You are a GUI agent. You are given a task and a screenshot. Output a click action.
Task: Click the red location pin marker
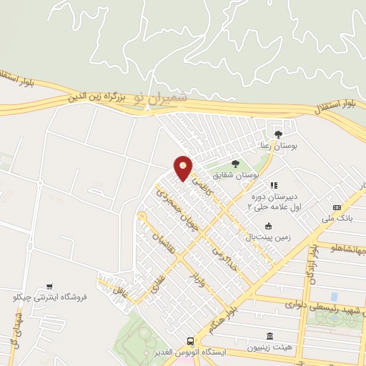click(x=184, y=168)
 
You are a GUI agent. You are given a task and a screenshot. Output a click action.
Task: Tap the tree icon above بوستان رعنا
click(x=278, y=133)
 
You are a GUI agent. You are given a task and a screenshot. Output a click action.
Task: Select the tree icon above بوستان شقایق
click(x=235, y=165)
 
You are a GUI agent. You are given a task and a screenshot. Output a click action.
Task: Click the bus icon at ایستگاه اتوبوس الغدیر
click(x=190, y=341)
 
